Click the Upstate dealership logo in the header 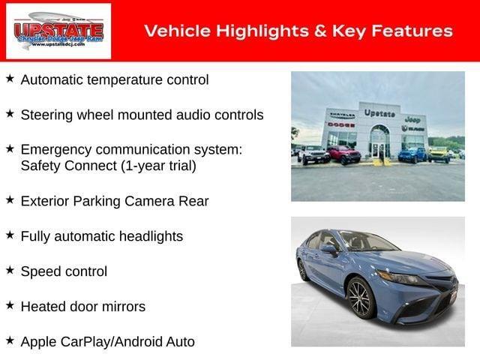pyautogui.click(x=58, y=31)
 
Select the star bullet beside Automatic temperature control pyautogui.click(x=10, y=78)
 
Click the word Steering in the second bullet pyautogui.click(x=46, y=115)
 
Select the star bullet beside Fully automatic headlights pyautogui.click(x=10, y=235)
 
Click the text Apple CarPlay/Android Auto pyautogui.click(x=107, y=341)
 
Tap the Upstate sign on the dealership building pyautogui.click(x=379, y=113)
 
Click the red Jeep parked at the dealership pyautogui.click(x=343, y=155)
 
